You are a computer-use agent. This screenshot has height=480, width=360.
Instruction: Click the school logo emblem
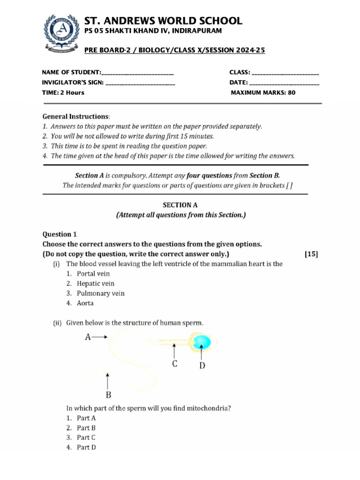[59, 33]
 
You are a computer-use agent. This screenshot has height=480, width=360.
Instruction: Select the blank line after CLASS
[285, 73]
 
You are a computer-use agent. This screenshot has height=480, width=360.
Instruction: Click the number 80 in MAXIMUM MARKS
[292, 92]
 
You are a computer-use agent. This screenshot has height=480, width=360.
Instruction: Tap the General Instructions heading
[76, 116]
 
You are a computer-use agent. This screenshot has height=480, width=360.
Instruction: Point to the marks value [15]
[311, 254]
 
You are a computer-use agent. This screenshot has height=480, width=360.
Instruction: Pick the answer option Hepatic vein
[96, 284]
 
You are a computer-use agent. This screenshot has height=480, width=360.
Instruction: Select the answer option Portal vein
[93, 274]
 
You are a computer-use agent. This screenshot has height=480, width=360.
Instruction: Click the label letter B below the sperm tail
[108, 394]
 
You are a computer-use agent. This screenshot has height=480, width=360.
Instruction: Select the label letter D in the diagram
[202, 366]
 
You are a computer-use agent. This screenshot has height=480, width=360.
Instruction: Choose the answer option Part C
[86, 437]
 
